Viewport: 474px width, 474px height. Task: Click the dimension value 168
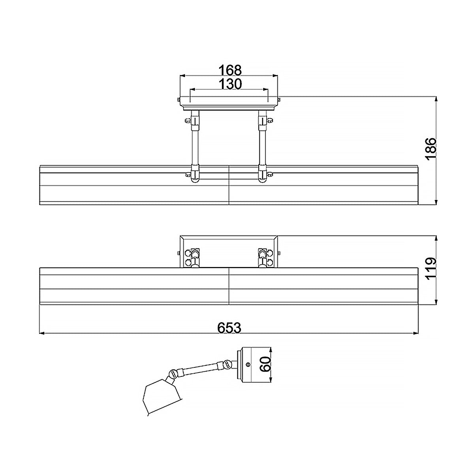click(230, 70)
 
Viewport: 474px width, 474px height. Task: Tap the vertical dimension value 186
click(431, 148)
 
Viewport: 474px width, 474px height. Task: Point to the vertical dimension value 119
click(431, 269)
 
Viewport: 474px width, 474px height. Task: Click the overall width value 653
click(229, 327)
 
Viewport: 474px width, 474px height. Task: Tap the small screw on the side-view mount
click(248, 364)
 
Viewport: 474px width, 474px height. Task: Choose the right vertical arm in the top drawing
click(262, 146)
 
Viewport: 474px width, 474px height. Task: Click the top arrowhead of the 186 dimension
click(436, 99)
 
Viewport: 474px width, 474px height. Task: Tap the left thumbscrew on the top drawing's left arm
click(187, 121)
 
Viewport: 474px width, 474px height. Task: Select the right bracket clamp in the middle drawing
click(263, 258)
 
